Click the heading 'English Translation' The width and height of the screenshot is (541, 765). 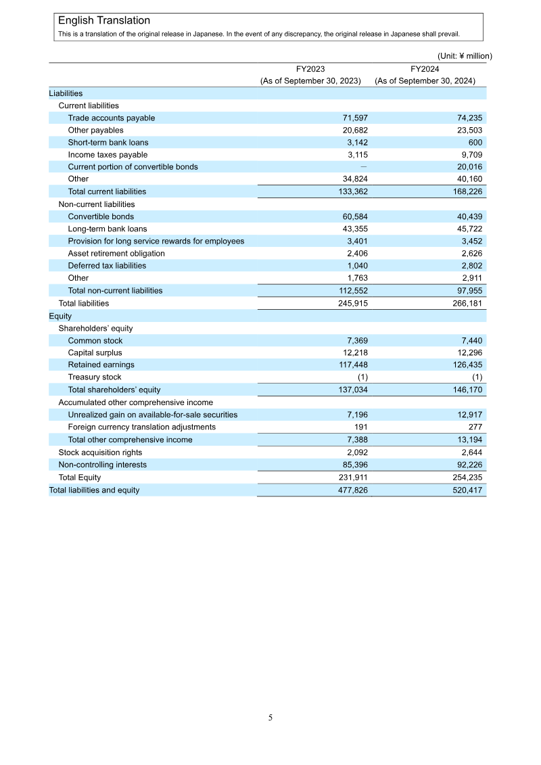click(x=104, y=21)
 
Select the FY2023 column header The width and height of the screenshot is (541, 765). click(x=310, y=68)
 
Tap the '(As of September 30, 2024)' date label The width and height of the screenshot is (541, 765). click(x=425, y=80)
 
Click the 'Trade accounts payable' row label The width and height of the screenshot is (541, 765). click(x=111, y=118)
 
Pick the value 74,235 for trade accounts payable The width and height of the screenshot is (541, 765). click(x=469, y=118)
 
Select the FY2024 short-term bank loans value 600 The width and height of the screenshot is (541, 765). click(x=475, y=142)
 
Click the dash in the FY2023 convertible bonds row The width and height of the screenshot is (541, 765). click(x=362, y=166)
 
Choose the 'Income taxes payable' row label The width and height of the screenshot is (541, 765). click(x=108, y=154)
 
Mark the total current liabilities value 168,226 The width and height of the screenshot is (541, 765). click(x=467, y=191)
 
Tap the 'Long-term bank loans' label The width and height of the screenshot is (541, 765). click(x=107, y=229)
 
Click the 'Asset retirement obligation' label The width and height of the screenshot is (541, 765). click(x=116, y=253)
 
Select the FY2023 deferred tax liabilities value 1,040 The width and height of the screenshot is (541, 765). click(x=357, y=266)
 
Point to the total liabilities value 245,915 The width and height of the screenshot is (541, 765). click(x=352, y=303)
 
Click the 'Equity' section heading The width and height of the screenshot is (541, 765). click(x=60, y=315)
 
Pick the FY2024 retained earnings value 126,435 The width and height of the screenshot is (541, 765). click(x=467, y=365)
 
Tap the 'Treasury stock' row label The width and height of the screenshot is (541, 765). click(x=95, y=377)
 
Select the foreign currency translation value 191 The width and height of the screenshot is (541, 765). click(x=361, y=427)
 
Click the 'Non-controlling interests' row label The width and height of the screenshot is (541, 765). click(x=102, y=465)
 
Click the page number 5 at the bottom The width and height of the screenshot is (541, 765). click(x=270, y=717)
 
